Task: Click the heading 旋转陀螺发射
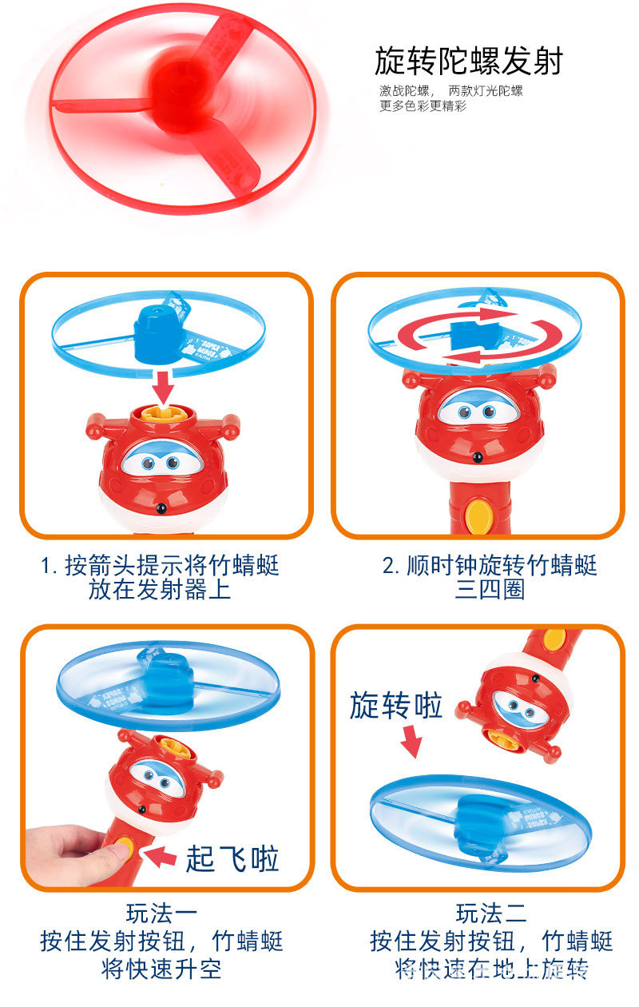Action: pos(469,62)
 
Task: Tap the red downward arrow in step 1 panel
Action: pos(165,385)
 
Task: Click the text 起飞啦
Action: pos(232,859)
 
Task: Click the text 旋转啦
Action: pos(396,705)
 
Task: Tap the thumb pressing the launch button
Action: pos(112,850)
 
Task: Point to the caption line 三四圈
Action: pos(490,591)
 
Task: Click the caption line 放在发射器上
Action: pos(160,590)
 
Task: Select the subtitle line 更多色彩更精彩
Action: pos(423,106)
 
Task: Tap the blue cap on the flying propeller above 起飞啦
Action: pos(165,668)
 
